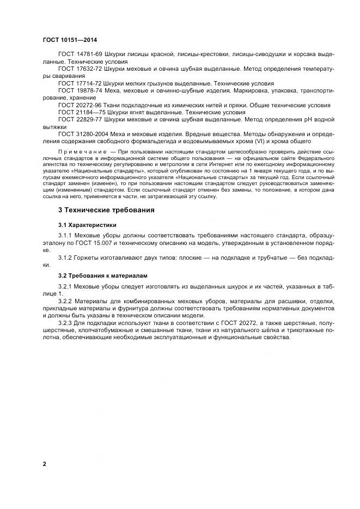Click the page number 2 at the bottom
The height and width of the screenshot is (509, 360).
coord(44,464)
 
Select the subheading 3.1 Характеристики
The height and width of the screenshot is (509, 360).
coord(87,224)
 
